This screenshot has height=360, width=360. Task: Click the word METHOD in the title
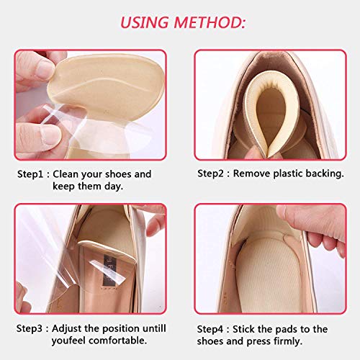point(210,23)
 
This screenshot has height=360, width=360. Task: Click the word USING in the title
point(145,23)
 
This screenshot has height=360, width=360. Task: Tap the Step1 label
point(30,174)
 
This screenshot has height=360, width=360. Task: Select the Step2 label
point(211,174)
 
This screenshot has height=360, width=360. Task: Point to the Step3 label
point(30,328)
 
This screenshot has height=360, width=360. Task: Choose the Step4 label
point(210,329)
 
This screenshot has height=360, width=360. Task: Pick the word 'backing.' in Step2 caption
point(325,174)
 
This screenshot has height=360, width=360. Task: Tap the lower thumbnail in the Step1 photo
point(50,135)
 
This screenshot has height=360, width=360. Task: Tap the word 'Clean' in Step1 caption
point(66,174)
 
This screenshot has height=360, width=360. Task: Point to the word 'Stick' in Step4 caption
point(244,329)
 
